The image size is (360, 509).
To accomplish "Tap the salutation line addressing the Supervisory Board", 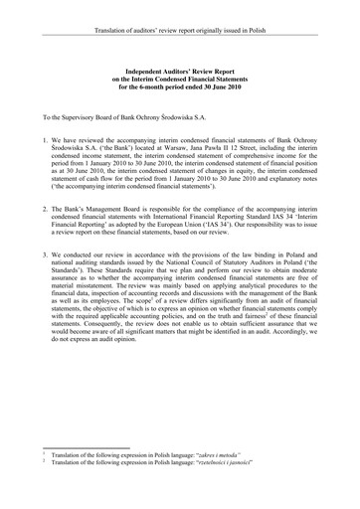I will tap(117, 118).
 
